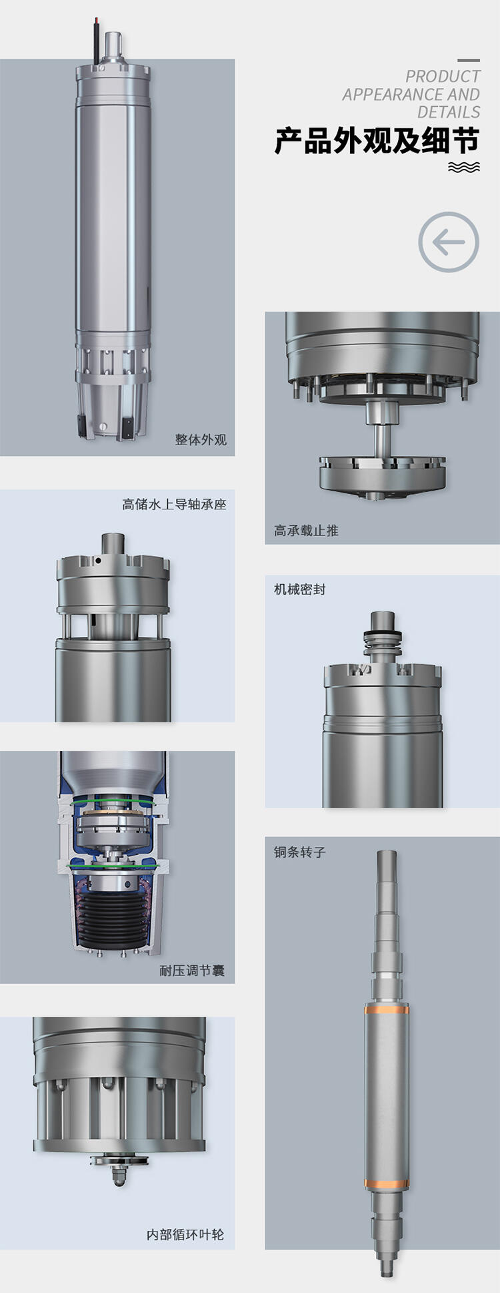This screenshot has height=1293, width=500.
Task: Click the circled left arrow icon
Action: (x=449, y=242)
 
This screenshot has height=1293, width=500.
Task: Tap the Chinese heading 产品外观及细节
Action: (x=377, y=141)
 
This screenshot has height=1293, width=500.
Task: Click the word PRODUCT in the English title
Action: (x=443, y=77)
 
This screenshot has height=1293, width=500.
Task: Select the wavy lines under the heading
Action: (x=464, y=167)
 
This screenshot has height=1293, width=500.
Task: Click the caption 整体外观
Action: (x=201, y=440)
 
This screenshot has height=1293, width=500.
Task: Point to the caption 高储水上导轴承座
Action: (x=174, y=505)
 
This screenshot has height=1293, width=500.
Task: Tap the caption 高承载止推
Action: (x=306, y=531)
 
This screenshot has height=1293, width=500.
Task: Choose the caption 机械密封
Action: (x=300, y=589)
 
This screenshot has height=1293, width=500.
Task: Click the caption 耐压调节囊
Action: (x=192, y=971)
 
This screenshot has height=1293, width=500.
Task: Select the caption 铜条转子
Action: (x=300, y=852)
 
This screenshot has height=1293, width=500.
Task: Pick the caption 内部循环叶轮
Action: (x=185, y=1235)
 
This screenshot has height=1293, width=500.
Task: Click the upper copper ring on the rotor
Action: (x=387, y=1010)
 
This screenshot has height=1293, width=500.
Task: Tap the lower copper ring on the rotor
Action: (x=387, y=1184)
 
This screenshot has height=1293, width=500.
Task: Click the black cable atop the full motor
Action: (x=97, y=41)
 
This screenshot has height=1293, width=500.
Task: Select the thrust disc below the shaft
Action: (x=382, y=474)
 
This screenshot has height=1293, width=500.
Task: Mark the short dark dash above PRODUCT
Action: (x=469, y=61)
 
